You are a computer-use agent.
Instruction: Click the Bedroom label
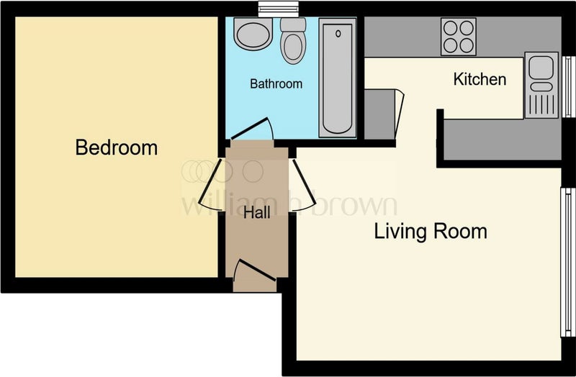click(x=117, y=147)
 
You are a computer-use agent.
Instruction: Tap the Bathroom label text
click(x=276, y=83)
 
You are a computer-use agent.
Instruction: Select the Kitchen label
click(x=480, y=79)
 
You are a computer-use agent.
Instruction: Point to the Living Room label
click(x=431, y=231)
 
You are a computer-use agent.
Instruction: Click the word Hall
click(x=257, y=212)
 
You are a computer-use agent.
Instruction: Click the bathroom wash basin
click(x=253, y=34)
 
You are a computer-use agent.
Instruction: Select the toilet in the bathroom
click(x=293, y=40)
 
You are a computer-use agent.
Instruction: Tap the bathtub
click(x=338, y=78)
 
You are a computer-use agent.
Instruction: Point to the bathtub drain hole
click(x=338, y=34)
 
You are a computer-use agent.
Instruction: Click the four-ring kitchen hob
click(x=459, y=37)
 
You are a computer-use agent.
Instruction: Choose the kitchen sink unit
click(x=541, y=85)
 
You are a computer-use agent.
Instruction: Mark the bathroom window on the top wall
click(x=278, y=9)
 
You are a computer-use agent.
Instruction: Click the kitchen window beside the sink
click(x=569, y=86)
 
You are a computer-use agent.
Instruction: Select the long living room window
click(x=567, y=262)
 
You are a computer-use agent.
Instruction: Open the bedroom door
click(x=211, y=185)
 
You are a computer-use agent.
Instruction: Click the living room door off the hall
click(x=302, y=185)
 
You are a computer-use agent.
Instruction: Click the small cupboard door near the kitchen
click(x=400, y=114)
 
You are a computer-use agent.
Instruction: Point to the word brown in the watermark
click(x=354, y=204)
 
